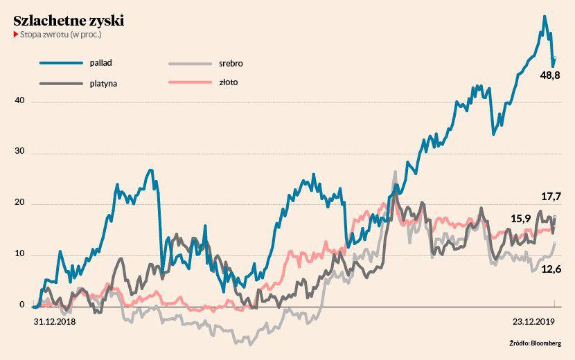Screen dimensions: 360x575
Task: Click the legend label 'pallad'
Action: pos(100,62)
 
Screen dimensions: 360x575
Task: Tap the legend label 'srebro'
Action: pos(231,63)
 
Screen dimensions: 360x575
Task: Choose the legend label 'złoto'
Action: pos(228,83)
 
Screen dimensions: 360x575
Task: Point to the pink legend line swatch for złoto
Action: pos(189,83)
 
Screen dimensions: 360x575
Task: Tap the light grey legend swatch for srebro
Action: pos(189,63)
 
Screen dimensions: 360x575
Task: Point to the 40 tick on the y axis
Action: pos(19,101)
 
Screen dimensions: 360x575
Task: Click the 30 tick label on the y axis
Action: pos(19,152)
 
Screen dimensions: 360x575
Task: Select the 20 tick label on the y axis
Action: pos(19,204)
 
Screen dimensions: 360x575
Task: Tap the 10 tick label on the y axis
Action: pos(19,254)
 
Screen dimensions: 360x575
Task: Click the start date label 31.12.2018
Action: pos(54,321)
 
